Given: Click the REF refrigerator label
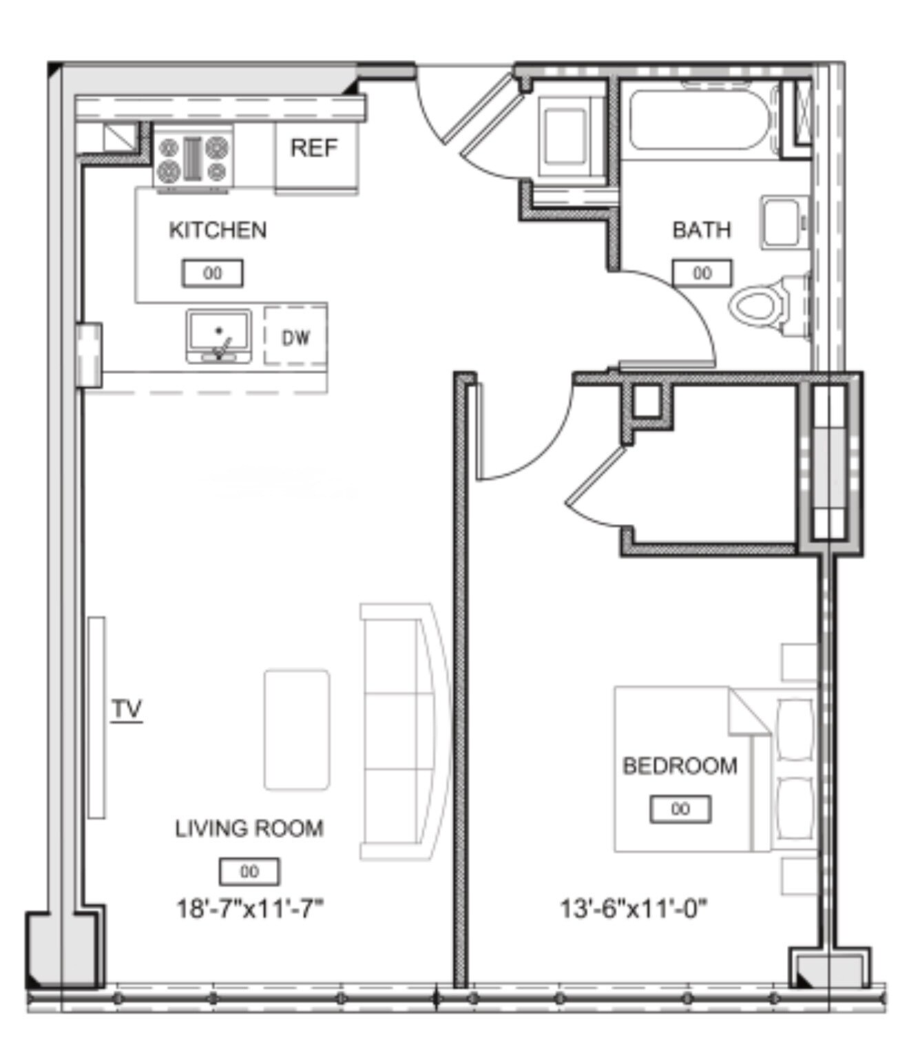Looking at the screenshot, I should pyautogui.click(x=314, y=148).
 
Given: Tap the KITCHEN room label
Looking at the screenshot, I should pyautogui.click(x=218, y=230).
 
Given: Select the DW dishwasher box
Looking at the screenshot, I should pyautogui.click(x=295, y=337).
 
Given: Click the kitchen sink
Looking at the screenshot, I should pyautogui.click(x=218, y=335).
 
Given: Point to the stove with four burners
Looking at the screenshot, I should pyautogui.click(x=193, y=158).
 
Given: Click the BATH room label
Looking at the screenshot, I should pyautogui.click(x=701, y=229).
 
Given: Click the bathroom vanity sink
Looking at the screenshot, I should pyautogui.click(x=784, y=222).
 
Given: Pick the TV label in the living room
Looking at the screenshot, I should pyautogui.click(x=127, y=709).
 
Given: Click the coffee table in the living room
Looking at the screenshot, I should pyautogui.click(x=297, y=729).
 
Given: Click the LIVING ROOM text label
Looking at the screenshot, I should pyautogui.click(x=249, y=829).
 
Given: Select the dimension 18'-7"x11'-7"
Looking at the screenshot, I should pyautogui.click(x=250, y=909).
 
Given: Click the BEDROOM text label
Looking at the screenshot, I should pyautogui.click(x=680, y=766).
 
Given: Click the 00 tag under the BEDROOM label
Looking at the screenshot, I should pyautogui.click(x=680, y=809).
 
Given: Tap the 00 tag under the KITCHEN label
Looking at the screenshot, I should pyautogui.click(x=213, y=273).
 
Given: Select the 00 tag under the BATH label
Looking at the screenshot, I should pyautogui.click(x=702, y=273).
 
